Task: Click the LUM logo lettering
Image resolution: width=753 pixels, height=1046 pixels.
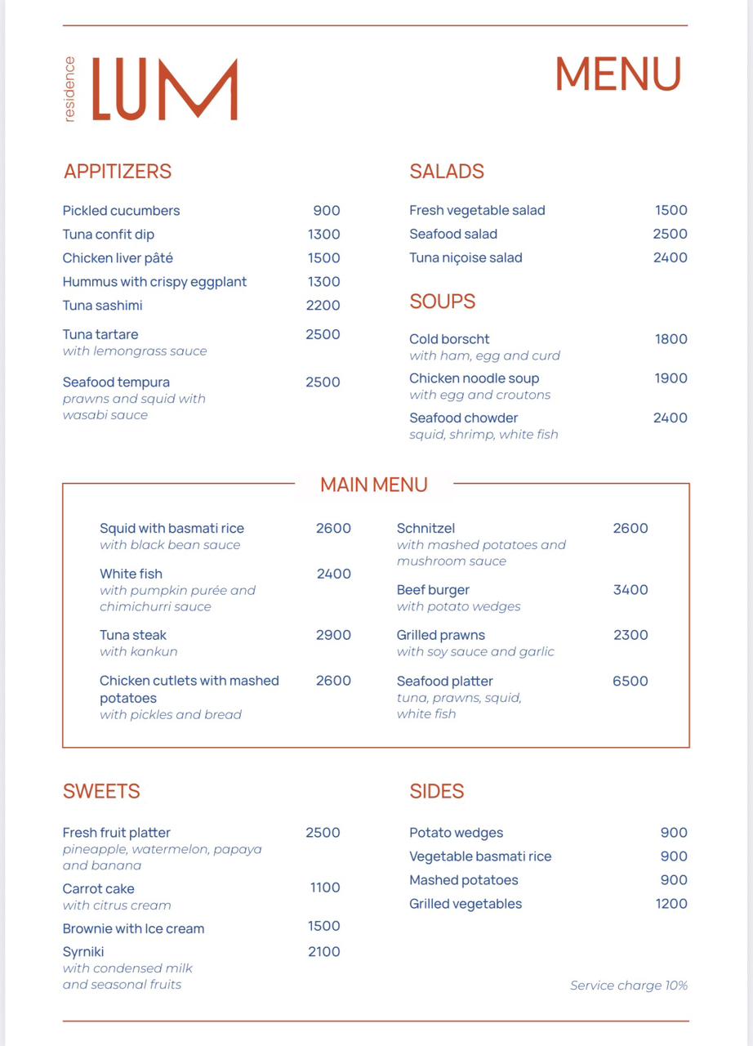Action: tap(164, 89)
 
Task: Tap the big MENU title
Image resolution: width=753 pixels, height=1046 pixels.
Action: tap(617, 74)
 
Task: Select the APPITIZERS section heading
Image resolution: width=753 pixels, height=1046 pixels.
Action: tap(118, 172)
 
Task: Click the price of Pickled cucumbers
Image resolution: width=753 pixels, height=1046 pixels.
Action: tap(326, 211)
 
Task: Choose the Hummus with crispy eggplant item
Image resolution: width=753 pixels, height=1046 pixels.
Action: tap(154, 282)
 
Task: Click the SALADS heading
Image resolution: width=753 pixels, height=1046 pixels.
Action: tap(447, 172)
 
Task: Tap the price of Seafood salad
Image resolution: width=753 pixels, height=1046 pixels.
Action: tap(670, 235)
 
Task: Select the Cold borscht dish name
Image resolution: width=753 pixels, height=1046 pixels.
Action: tap(449, 339)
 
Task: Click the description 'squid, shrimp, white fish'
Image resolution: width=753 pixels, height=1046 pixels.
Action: tap(483, 435)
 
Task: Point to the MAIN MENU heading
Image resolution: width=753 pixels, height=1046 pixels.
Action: tap(374, 485)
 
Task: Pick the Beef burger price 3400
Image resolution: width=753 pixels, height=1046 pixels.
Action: tap(630, 590)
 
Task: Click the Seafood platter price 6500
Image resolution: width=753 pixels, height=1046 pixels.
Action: tap(630, 682)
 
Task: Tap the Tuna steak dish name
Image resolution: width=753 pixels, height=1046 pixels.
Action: tap(133, 636)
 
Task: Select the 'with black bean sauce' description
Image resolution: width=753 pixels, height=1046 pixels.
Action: tap(170, 545)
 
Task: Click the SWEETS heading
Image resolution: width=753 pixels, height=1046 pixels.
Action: tap(101, 791)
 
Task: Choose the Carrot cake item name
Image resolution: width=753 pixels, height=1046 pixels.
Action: tap(99, 889)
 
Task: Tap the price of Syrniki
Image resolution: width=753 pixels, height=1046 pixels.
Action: tap(324, 951)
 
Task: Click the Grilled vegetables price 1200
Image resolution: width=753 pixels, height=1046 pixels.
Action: tap(671, 904)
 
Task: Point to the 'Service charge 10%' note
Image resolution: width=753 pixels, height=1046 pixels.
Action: tap(629, 986)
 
